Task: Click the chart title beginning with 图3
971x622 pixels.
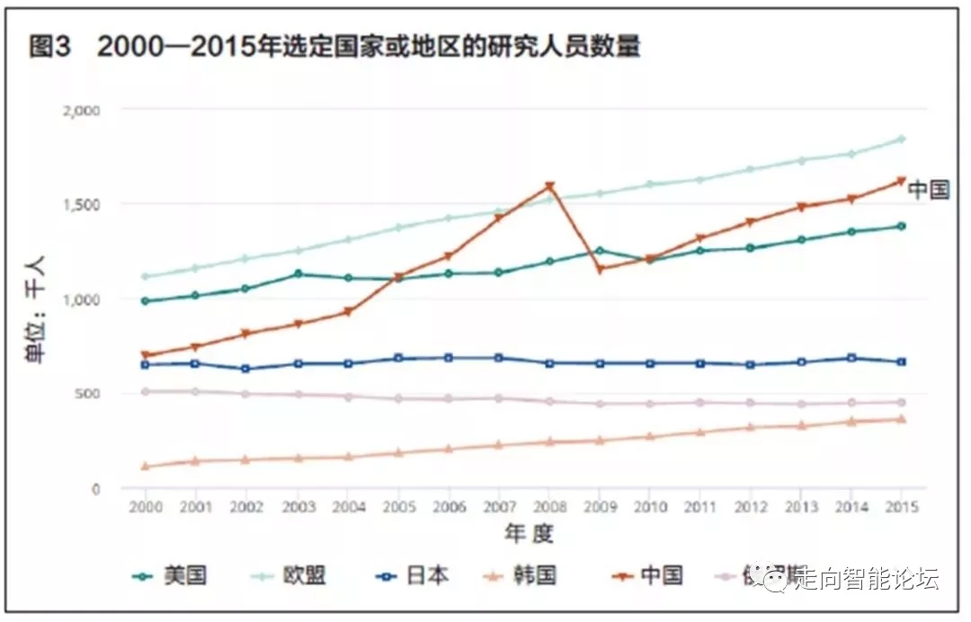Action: point(334,47)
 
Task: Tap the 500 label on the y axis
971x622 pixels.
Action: point(88,394)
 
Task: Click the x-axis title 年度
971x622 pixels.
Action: point(528,534)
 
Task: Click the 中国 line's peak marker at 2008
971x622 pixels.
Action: point(549,187)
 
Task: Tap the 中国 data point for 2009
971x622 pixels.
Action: point(600,269)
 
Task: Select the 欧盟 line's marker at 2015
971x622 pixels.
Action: point(901,138)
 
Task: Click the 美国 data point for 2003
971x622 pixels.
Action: point(298,274)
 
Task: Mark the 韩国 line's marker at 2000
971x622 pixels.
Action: point(146,466)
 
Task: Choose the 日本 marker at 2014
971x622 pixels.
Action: point(851,358)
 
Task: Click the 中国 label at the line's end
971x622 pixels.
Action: point(928,190)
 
